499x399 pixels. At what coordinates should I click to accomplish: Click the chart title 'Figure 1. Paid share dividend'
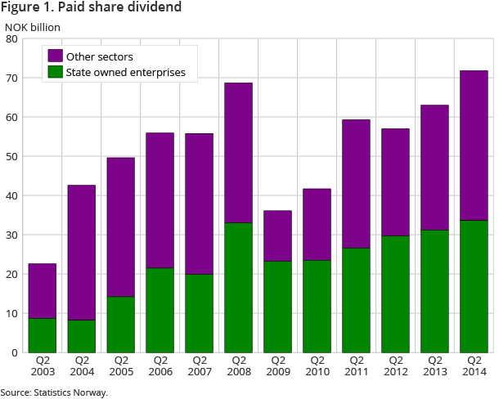92,8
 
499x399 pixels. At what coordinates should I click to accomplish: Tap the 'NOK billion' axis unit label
34,28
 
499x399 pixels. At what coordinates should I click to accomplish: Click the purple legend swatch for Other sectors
56,56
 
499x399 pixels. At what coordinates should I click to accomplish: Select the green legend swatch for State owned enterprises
56,72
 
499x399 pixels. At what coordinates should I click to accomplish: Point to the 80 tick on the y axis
13,38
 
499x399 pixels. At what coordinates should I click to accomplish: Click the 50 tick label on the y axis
13,156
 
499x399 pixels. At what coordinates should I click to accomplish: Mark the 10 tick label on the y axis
13,313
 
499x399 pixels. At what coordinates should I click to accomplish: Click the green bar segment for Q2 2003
43,335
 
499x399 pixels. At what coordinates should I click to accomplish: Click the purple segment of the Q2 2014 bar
474,146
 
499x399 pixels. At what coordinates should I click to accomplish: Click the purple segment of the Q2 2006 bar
160,199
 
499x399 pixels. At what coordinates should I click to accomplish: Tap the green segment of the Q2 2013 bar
435,291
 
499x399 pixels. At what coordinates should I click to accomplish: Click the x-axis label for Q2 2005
121,366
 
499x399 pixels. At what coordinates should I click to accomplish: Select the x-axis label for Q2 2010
317,366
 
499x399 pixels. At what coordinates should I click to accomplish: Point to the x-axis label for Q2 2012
396,366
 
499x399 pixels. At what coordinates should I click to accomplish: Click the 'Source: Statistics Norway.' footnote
54,392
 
